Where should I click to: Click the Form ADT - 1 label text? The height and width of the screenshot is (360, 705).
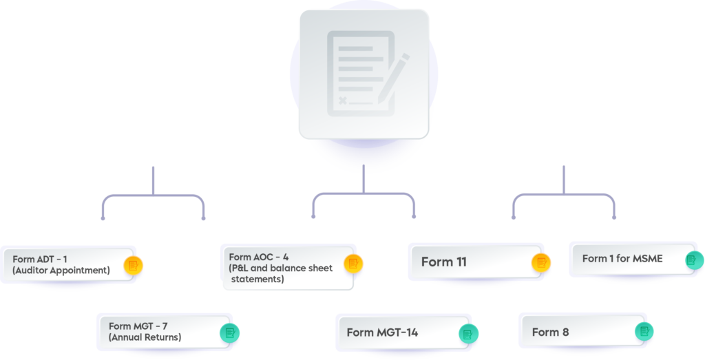[x=40, y=259]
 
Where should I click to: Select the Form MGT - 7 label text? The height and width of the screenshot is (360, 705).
[x=135, y=326]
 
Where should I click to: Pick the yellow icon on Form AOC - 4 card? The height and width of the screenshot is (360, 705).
[x=354, y=263]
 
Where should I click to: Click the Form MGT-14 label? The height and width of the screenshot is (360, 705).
[x=382, y=332]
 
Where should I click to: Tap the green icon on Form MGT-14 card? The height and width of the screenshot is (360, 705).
[x=468, y=334]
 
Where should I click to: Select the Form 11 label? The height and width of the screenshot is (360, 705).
[x=444, y=262]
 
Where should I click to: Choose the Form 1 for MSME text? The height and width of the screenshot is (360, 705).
[x=622, y=259]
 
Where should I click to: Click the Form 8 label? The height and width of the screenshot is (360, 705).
[x=550, y=332]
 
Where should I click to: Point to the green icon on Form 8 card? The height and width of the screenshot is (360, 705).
[x=644, y=331]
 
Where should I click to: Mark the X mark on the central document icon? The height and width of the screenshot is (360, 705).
[x=343, y=102]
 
